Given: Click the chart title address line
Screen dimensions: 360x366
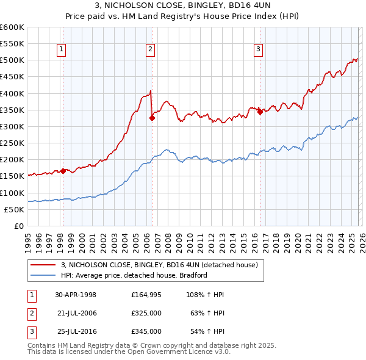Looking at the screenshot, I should (182, 7).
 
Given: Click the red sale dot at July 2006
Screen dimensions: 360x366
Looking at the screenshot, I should (152, 118).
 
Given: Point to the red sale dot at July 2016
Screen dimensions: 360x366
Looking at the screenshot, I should (260, 112).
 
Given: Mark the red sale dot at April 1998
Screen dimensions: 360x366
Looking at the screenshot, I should (63, 171).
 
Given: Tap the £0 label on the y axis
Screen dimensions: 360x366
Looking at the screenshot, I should (18, 226).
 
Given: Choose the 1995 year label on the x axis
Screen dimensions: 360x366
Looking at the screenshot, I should (28, 239).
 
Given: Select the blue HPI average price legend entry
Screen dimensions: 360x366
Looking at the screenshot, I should (134, 275).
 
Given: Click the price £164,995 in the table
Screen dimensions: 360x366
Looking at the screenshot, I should (146, 294).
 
